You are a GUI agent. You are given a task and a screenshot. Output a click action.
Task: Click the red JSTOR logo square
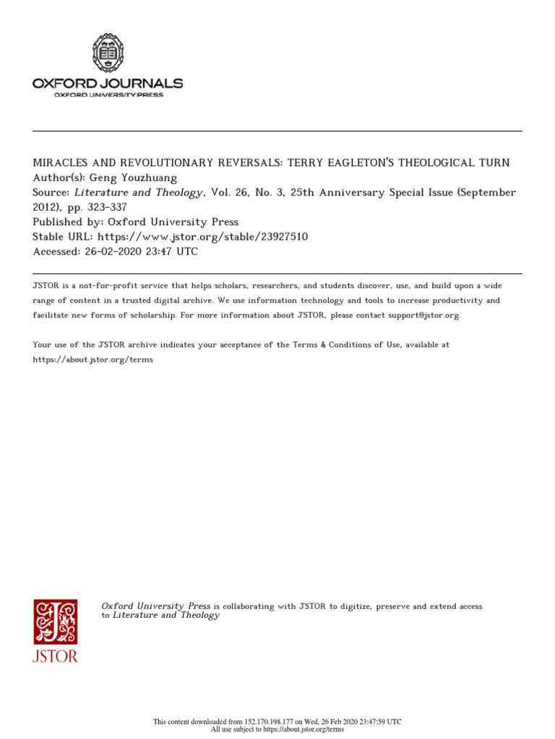[x=55, y=622]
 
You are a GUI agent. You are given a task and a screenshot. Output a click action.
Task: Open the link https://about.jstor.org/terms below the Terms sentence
[x=93, y=359]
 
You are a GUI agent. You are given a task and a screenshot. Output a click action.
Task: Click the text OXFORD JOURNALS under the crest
[x=108, y=84]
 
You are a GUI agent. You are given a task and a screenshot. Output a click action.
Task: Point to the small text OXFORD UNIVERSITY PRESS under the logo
[x=108, y=95]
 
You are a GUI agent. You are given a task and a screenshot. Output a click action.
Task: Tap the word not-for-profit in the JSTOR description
[x=102, y=286]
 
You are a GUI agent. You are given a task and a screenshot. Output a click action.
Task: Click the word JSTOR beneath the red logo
[x=55, y=657]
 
